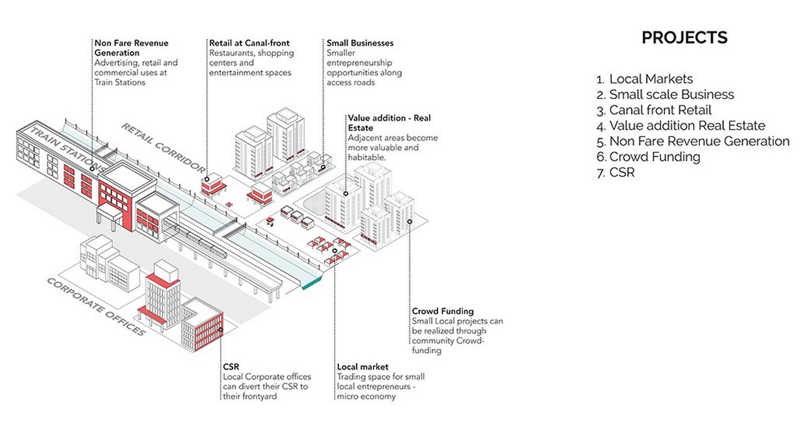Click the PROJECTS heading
684,38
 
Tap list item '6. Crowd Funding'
648,157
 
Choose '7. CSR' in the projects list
616,173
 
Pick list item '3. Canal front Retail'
654,110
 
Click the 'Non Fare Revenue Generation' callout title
131,48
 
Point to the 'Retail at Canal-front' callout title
249,43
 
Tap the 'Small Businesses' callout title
360,43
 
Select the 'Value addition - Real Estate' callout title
389,123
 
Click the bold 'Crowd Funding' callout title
443,311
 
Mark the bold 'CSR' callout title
231,367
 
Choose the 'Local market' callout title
362,367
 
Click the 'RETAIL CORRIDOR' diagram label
163,148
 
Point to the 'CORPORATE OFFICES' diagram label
96,306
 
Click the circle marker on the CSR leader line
221,330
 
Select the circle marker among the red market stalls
335,251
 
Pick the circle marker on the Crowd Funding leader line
410,222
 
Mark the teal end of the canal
312,282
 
